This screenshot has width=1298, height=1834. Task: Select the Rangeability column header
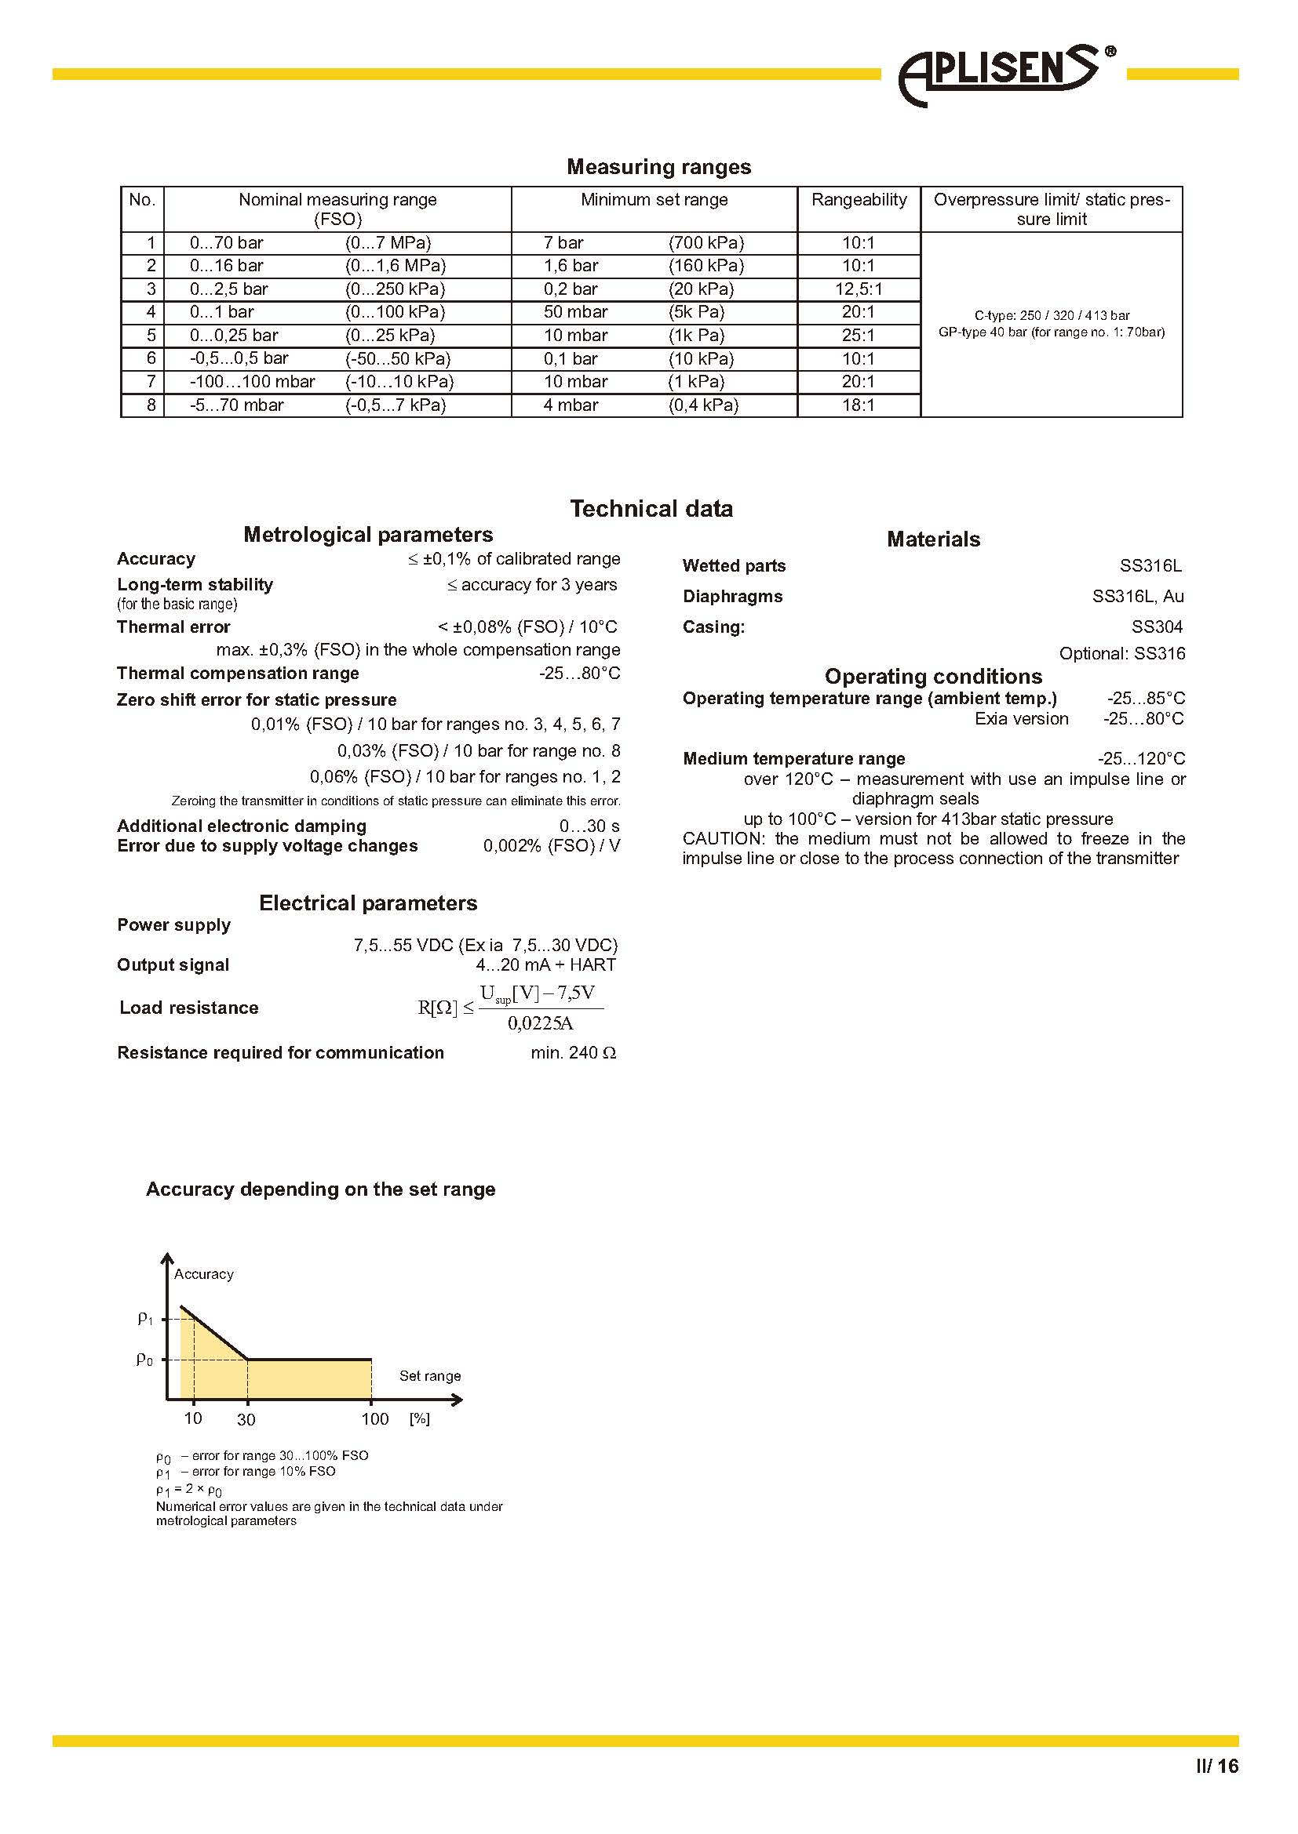click(x=859, y=200)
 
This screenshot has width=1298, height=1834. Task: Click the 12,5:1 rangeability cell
click(x=859, y=289)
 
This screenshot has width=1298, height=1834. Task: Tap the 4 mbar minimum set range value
click(x=571, y=405)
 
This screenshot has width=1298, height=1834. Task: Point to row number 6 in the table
click(x=151, y=358)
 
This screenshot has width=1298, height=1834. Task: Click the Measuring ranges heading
click(x=658, y=167)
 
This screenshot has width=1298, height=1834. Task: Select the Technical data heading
click(x=651, y=509)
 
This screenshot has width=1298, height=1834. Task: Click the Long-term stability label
click(x=195, y=585)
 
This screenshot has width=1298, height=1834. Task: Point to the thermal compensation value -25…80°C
click(x=579, y=674)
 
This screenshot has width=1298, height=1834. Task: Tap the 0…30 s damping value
click(x=589, y=826)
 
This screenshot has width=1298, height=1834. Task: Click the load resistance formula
click(x=510, y=1008)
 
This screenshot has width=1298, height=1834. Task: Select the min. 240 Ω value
click(x=573, y=1053)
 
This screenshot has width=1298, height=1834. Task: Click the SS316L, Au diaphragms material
click(x=1137, y=597)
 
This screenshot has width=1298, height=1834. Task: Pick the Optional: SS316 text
click(x=1121, y=653)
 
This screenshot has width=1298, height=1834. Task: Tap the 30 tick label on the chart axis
click(x=246, y=1419)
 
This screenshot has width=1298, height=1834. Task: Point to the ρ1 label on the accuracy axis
click(x=144, y=1319)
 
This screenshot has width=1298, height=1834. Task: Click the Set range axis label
click(x=430, y=1375)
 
